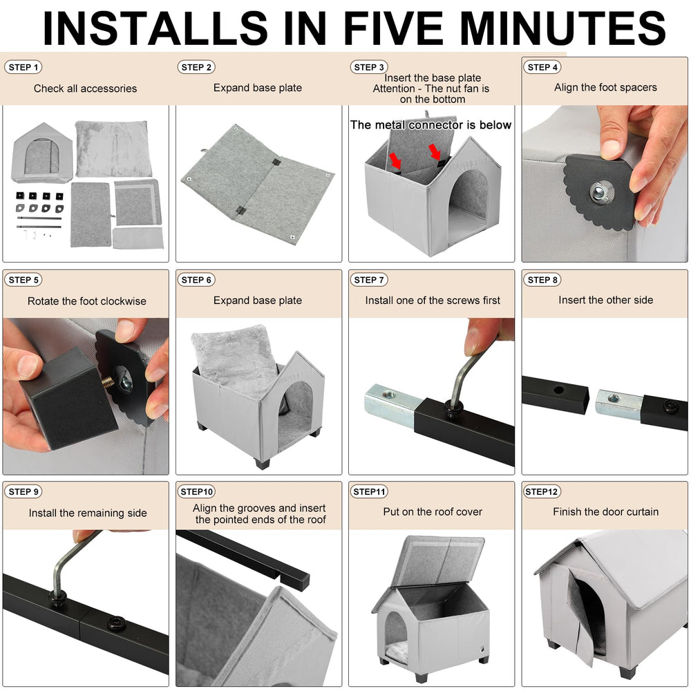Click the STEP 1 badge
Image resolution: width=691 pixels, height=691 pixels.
pyautogui.click(x=23, y=68)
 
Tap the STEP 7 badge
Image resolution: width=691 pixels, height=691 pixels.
pyautogui.click(x=369, y=280)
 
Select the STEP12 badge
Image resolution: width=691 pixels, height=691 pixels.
pyautogui.click(x=542, y=491)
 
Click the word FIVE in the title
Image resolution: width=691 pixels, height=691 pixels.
pyautogui.click(x=393, y=28)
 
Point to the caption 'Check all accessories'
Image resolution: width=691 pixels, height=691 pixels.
pyautogui.click(x=85, y=88)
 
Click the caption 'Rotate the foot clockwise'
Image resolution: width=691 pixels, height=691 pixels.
pyautogui.click(x=87, y=301)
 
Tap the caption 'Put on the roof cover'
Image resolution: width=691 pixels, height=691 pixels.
pyautogui.click(x=433, y=511)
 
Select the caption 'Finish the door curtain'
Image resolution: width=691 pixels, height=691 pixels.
pyautogui.click(x=605, y=511)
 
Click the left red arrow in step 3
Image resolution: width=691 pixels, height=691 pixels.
pyautogui.click(x=395, y=161)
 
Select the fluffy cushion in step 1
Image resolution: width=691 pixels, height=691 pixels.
pyautogui.click(x=113, y=149)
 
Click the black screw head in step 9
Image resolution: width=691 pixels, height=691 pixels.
pyautogui.click(x=116, y=623)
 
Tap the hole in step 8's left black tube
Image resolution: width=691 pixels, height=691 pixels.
pyautogui.click(x=559, y=390)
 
